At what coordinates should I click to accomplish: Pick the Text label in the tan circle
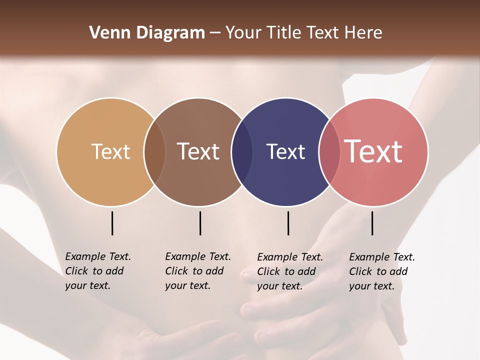[x=110, y=151]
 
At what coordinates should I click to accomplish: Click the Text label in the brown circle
[x=198, y=151]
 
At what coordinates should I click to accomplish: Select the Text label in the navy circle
[x=285, y=151]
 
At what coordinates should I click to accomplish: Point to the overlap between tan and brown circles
[x=154, y=152]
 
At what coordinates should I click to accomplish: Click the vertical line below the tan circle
[x=112, y=223]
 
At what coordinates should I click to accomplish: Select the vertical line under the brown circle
[x=200, y=223]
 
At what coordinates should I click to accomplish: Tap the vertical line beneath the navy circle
[x=288, y=223]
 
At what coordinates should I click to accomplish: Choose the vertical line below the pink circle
[x=372, y=223]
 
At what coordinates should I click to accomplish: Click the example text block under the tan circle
[x=97, y=271]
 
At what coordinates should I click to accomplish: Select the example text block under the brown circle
[x=197, y=271]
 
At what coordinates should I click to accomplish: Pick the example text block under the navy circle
[x=289, y=271]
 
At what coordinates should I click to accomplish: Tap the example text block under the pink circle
[x=381, y=271]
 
